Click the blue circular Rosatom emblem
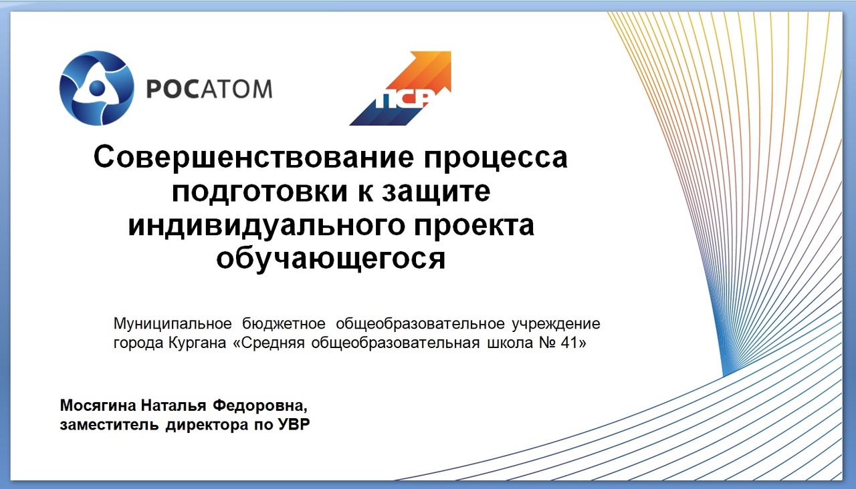97,88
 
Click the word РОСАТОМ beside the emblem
209,89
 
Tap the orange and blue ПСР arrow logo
400,88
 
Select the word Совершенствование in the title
253,157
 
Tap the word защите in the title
436,192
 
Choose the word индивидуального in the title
266,226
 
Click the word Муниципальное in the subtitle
173,324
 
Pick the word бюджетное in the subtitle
284,324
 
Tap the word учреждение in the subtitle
556,325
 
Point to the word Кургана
197,343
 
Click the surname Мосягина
98,405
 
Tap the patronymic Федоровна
260,405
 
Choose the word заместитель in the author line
109,425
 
